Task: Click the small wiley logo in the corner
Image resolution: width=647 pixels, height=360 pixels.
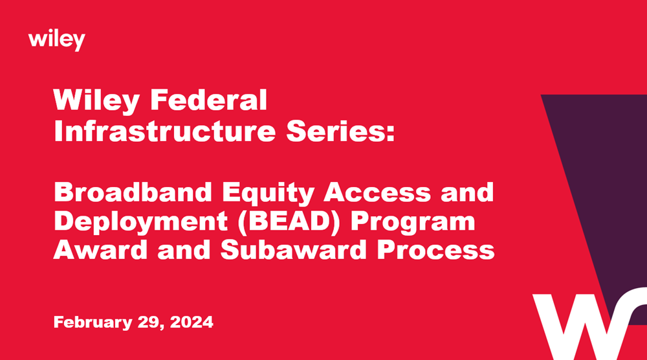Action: [57, 40]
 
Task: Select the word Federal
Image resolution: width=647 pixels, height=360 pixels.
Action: [208, 102]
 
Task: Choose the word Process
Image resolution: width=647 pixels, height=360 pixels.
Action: [430, 250]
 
